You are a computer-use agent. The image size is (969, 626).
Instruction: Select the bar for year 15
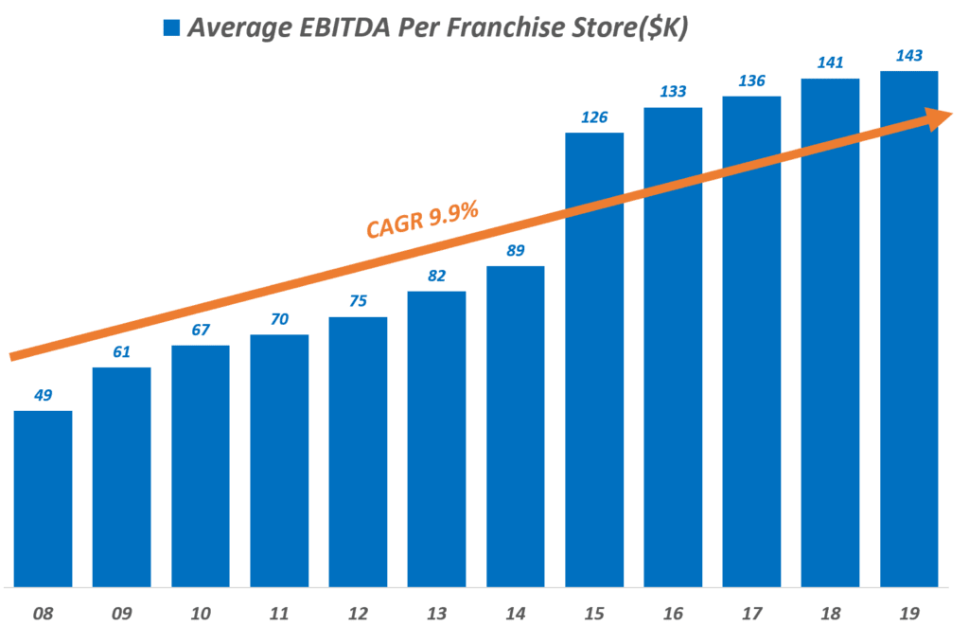coord(594,360)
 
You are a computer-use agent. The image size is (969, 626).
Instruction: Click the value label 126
coord(594,117)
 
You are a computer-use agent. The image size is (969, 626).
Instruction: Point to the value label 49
coord(43,395)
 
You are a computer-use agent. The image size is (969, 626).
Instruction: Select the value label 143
coord(909,55)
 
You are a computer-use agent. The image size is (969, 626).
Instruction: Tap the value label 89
coord(516,250)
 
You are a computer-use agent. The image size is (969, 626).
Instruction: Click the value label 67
coord(200,330)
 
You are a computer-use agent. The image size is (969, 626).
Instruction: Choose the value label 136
coord(752,80)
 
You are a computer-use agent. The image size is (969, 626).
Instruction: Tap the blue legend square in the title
coord(171,27)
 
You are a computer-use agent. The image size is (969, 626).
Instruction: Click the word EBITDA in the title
coord(338,27)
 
